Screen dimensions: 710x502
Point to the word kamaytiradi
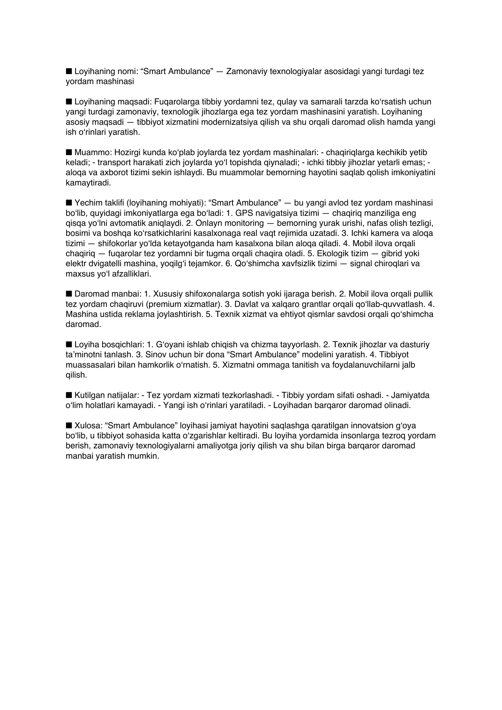[88, 183]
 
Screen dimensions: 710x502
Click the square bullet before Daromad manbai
[69, 294]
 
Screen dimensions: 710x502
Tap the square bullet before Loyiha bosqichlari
[69, 344]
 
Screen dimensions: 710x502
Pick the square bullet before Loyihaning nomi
[69, 71]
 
